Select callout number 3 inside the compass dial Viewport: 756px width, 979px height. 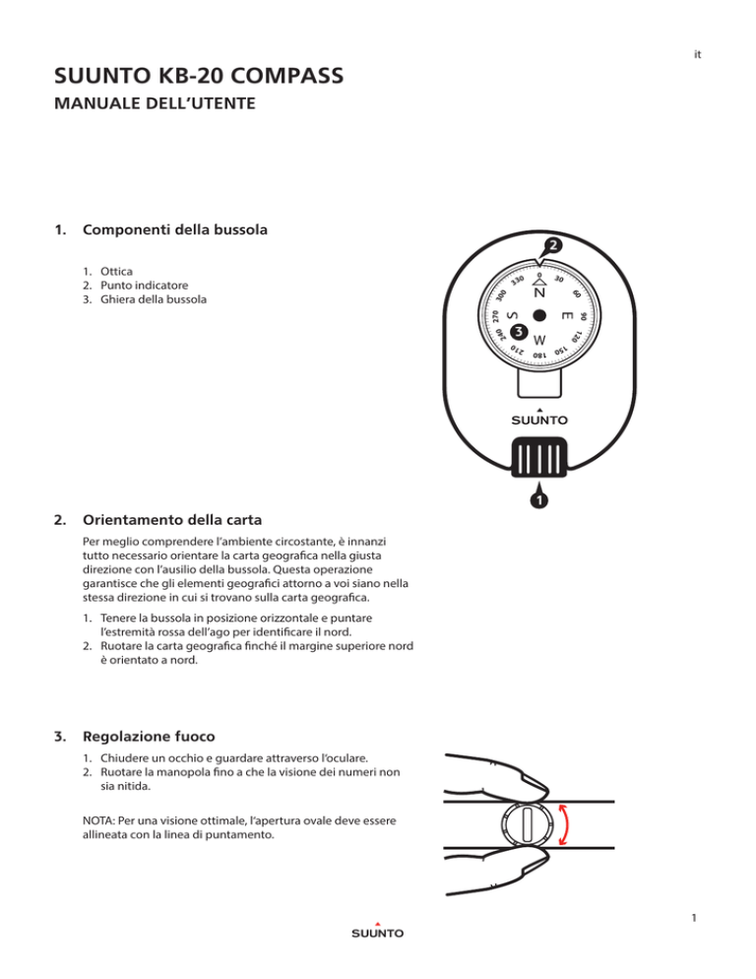tap(520, 334)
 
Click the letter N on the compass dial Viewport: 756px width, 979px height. tap(538, 293)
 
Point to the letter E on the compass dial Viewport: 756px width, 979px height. tap(566, 317)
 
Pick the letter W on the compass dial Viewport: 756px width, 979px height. tap(538, 340)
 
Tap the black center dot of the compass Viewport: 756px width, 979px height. tap(539, 316)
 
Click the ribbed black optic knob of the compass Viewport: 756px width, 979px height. tap(538, 458)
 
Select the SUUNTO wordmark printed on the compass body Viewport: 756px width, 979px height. tap(538, 421)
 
